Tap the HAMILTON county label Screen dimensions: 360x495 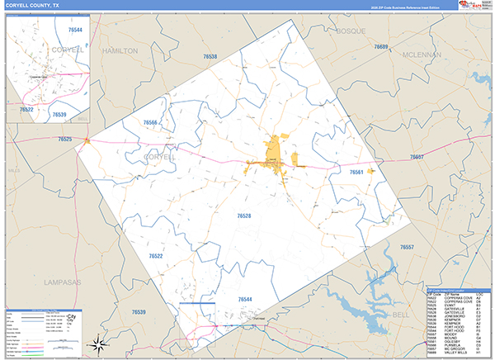click(120, 50)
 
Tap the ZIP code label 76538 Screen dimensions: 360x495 click(210, 56)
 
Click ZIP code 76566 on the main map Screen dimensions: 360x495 click(150, 123)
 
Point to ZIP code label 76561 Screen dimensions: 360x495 click(356, 172)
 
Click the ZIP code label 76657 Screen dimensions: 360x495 click(417, 156)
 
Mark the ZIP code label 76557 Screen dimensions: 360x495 click(407, 248)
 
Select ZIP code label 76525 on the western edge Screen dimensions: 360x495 click(65, 140)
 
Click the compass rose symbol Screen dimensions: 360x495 click(98, 343)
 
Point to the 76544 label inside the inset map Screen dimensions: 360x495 click(75, 30)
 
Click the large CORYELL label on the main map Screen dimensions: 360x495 click(158, 155)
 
